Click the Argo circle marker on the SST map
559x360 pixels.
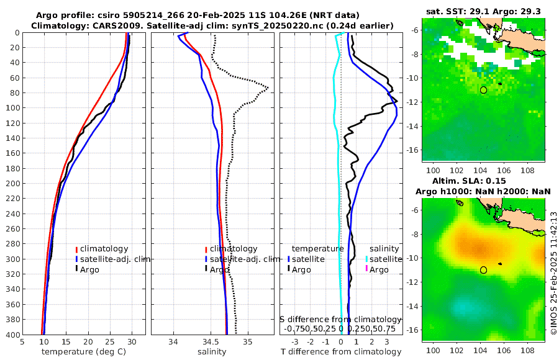483,90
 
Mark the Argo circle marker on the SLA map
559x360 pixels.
483,270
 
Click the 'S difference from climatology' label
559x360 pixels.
340,319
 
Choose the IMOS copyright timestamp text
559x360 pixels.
553,273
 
